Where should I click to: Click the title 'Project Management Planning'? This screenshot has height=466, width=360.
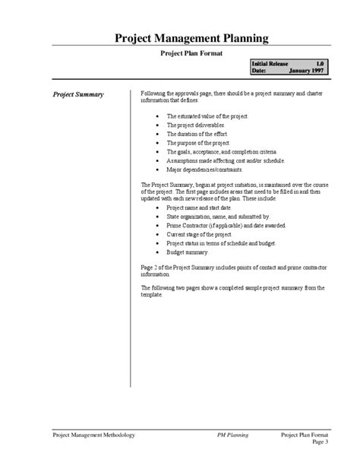coord(179,39)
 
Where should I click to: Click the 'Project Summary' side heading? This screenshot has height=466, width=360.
coord(78,95)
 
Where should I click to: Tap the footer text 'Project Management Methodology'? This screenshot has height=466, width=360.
coord(94,436)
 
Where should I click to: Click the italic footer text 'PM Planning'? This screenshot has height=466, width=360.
coord(233,436)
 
